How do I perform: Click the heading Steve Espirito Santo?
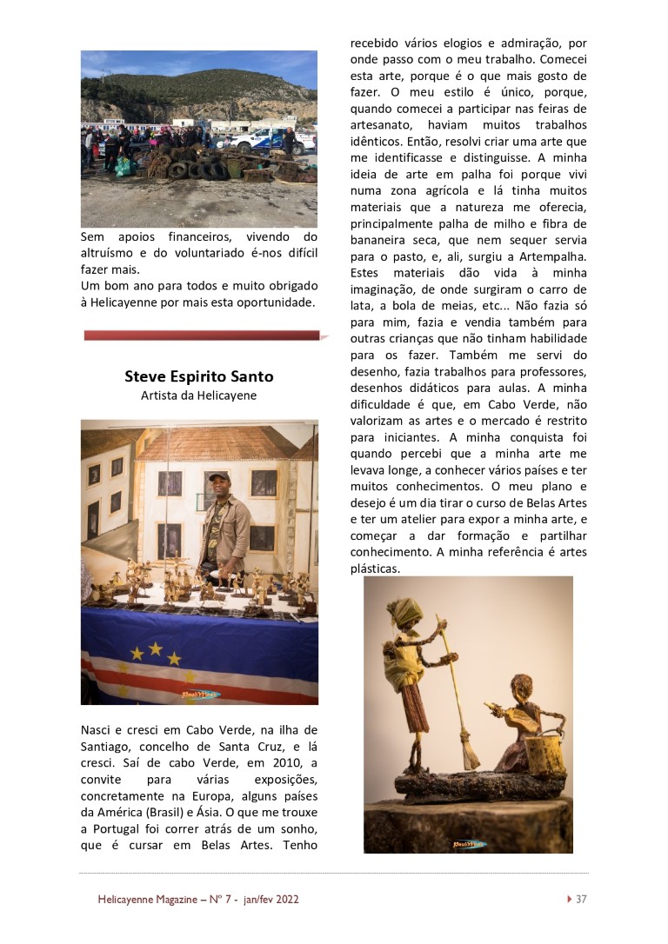point(199,376)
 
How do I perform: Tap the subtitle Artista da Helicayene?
point(199,396)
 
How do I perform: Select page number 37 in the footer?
point(581,899)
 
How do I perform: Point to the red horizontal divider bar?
point(202,335)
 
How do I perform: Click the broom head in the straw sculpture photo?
point(470,752)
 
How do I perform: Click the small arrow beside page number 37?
point(570,899)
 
